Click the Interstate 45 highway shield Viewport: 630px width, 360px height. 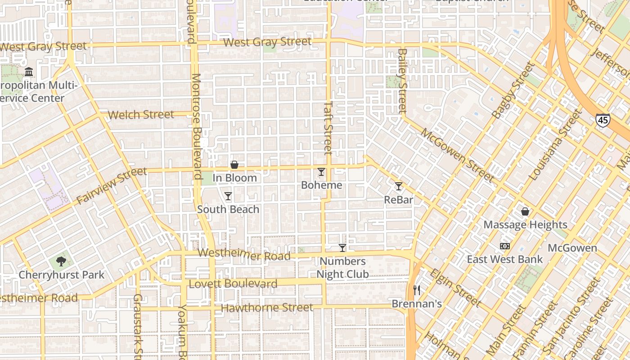coord(603,120)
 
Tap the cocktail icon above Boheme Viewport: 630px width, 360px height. coord(321,172)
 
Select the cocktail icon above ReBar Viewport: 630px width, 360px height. coord(399,186)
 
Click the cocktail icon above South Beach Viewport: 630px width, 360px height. coord(228,196)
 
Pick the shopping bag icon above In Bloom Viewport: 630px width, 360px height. coord(234,165)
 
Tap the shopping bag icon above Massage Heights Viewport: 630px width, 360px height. coord(525,211)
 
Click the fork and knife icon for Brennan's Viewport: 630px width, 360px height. coord(417,290)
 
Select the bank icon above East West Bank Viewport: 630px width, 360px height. coord(505,246)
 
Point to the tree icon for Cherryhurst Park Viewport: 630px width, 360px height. coord(61,261)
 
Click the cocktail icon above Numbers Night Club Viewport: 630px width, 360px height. coord(342,248)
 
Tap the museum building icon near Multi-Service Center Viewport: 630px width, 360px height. coord(29,72)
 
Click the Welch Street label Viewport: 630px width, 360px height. coord(141,114)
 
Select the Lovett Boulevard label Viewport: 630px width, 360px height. coord(233,284)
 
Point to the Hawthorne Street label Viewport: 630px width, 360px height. coord(267,308)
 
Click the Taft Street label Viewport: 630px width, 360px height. coord(328,127)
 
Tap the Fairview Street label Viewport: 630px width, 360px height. coord(112,185)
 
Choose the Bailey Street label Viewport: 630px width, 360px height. coord(402,81)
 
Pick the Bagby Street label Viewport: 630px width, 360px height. coord(513,91)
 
